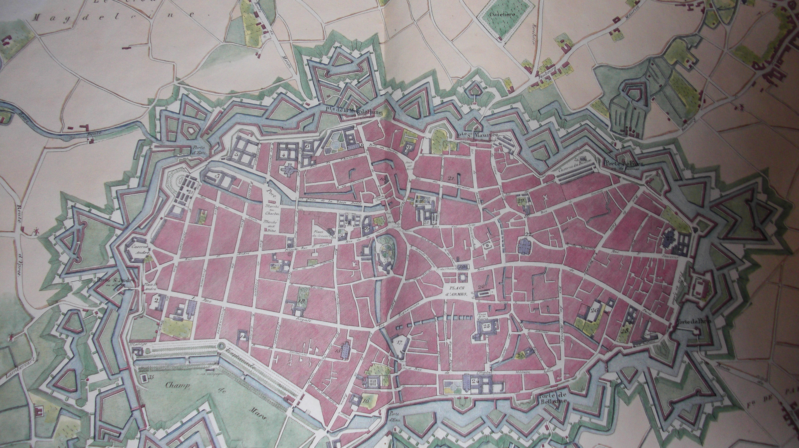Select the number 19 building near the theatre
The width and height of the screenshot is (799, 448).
[462, 267]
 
